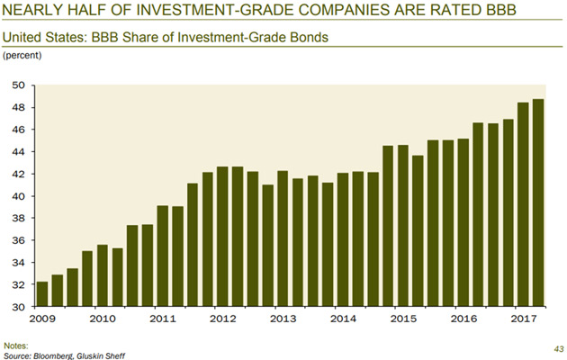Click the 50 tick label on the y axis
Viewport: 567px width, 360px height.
pyautogui.click(x=17, y=85)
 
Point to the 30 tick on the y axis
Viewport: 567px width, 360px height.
pyautogui.click(x=17, y=307)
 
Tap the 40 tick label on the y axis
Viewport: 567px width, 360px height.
pyautogui.click(x=17, y=196)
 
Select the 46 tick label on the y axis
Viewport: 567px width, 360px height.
pyautogui.click(x=17, y=130)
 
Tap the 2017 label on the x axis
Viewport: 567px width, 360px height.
pyautogui.click(x=523, y=319)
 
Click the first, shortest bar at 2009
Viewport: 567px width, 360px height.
pyautogui.click(x=40, y=294)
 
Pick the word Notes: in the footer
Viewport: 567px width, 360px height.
pyautogui.click(x=16, y=346)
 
